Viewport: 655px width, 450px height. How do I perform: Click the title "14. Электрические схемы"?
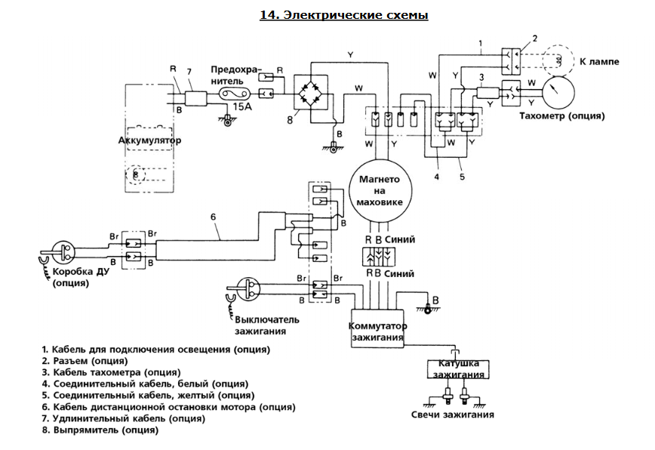[343, 15]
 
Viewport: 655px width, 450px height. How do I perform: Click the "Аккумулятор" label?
[150, 140]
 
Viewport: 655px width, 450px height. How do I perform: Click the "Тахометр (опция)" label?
[562, 116]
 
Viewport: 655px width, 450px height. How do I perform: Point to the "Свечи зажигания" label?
[453, 415]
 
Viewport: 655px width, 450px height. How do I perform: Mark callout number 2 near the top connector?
[534, 38]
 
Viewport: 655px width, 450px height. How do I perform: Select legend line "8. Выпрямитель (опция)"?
[100, 430]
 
